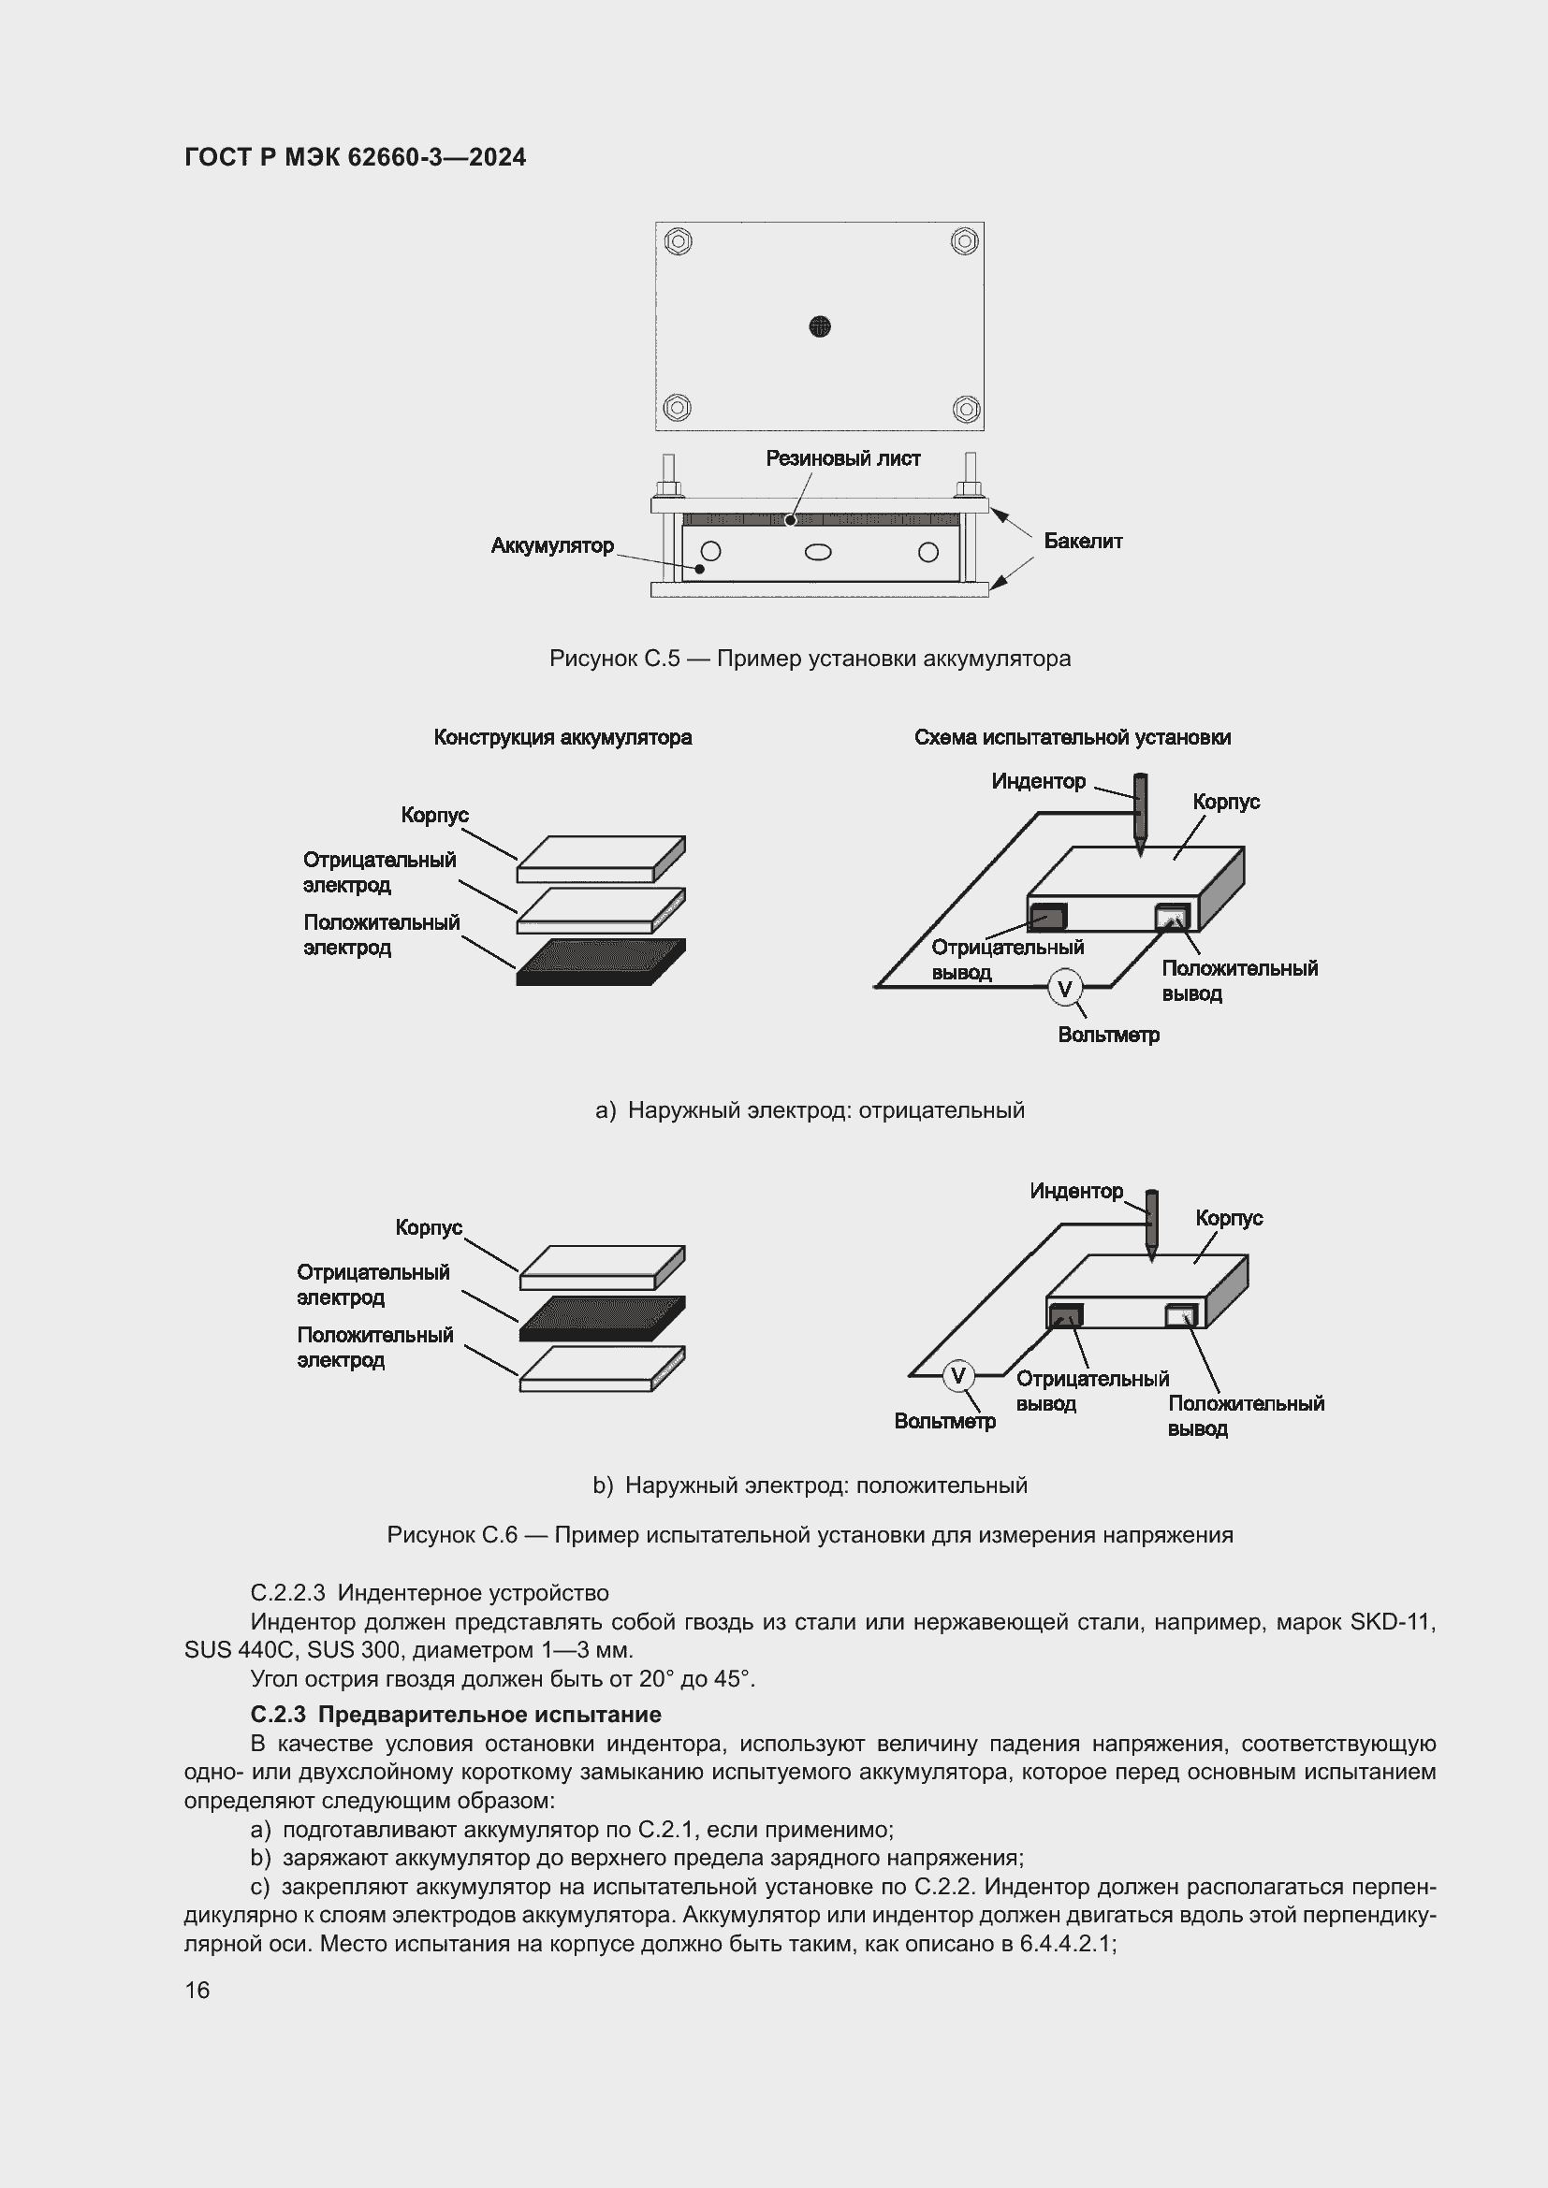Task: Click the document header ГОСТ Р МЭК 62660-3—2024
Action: [x=355, y=157]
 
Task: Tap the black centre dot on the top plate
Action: [x=820, y=326]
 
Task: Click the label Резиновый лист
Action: [x=842, y=458]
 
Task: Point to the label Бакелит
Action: [x=1083, y=542]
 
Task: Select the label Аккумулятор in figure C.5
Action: [x=552, y=546]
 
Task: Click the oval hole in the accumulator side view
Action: [x=818, y=552]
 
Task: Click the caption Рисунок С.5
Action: [x=810, y=659]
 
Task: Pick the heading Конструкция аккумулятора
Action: [x=562, y=737]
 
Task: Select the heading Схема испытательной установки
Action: [x=1073, y=737]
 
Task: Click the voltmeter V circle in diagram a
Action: [x=1065, y=989]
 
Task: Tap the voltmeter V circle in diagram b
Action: [x=958, y=1376]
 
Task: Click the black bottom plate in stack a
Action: [x=601, y=963]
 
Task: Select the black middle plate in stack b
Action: [x=603, y=1318]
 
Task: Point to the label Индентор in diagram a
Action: [x=1038, y=781]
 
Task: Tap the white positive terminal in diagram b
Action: [x=1182, y=1316]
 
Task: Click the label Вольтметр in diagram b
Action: [x=944, y=1421]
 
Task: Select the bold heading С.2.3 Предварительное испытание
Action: [x=456, y=1715]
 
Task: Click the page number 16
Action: [x=197, y=1990]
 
